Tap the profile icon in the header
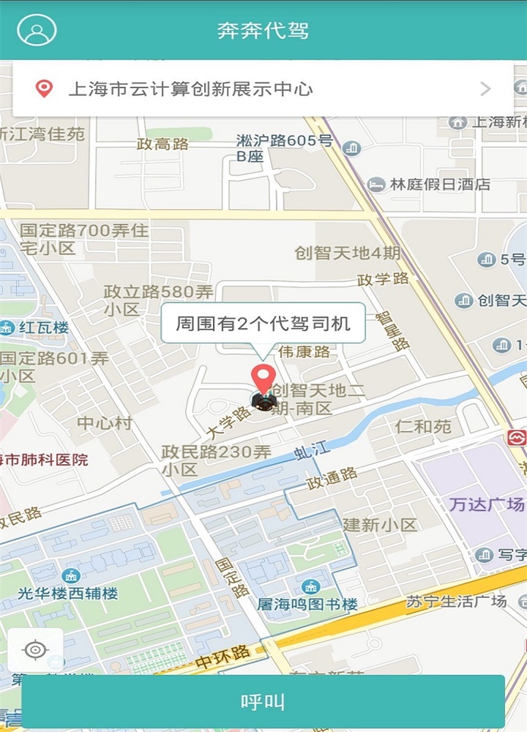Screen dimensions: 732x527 click(x=37, y=30)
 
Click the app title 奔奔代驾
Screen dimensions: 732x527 click(x=263, y=31)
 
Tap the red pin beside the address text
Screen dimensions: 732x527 click(x=45, y=89)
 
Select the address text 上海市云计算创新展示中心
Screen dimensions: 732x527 click(x=190, y=89)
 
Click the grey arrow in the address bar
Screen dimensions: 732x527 click(x=485, y=89)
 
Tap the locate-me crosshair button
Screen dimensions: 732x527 click(x=35, y=649)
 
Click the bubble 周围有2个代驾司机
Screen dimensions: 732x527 click(x=263, y=324)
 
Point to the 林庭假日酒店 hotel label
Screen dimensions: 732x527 click(x=440, y=184)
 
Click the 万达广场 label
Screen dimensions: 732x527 click(x=487, y=504)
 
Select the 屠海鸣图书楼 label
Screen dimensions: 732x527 click(x=307, y=605)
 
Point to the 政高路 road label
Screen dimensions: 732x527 click(x=162, y=144)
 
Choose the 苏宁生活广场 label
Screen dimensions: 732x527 click(x=456, y=602)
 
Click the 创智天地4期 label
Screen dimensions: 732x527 click(x=348, y=253)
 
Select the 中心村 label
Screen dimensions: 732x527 click(x=105, y=423)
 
